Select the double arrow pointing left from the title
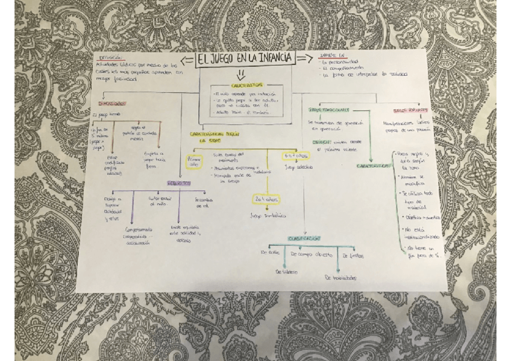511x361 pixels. coord(187,59)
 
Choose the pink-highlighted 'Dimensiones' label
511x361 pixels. coord(113,104)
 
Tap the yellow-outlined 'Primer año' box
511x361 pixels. coord(195,161)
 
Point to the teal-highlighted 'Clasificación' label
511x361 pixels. coord(304,238)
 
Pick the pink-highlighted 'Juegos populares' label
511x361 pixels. coord(410,110)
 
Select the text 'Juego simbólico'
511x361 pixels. coord(266,215)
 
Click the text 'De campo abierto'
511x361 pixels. coord(312,255)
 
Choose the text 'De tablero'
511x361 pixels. coord(286,272)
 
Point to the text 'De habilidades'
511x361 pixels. coord(340,278)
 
